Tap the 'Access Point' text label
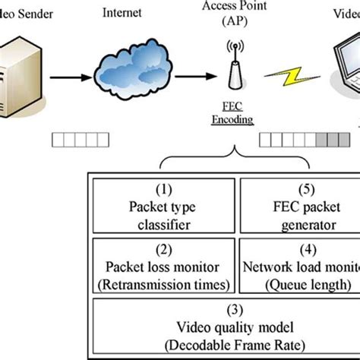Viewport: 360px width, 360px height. click(233, 8)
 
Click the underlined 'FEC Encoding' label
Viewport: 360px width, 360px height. click(233, 113)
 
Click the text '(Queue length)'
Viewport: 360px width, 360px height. click(305, 283)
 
